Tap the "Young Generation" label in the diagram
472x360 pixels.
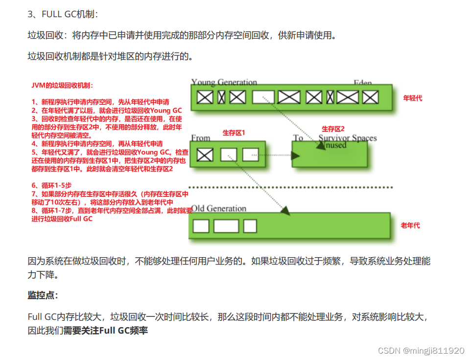(x=224, y=82)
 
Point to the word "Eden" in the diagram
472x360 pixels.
(x=363, y=83)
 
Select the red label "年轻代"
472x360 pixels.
(x=412, y=98)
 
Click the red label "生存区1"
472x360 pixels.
(x=234, y=133)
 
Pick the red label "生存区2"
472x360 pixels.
(x=333, y=129)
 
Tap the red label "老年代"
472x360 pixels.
(x=410, y=225)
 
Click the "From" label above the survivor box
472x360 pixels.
(x=201, y=138)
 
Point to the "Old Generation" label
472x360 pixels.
(x=218, y=209)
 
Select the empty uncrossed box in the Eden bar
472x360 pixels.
(x=263, y=97)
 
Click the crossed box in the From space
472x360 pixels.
(x=205, y=155)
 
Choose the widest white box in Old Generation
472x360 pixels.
(x=226, y=226)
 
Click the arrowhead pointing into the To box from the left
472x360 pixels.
(x=295, y=155)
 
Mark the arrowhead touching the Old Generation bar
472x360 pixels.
(x=285, y=211)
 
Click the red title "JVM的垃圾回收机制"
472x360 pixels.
(x=62, y=85)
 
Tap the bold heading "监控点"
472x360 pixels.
(x=43, y=295)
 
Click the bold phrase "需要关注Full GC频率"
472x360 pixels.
(x=105, y=331)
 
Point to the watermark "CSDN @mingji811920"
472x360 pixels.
(x=421, y=351)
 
